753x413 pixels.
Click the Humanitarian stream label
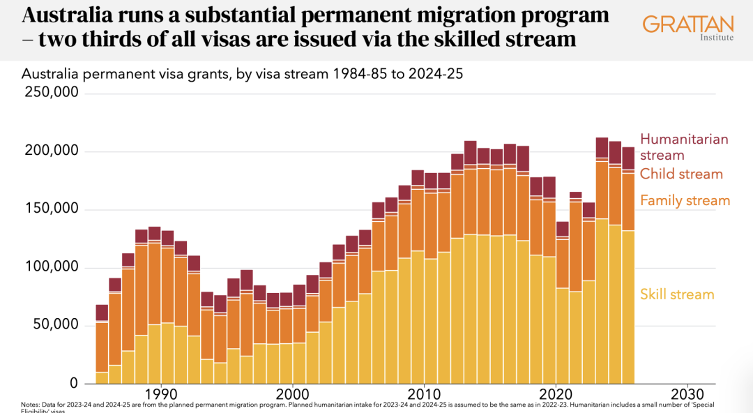pyautogui.click(x=684, y=147)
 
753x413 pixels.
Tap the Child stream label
pyautogui.click(x=681, y=174)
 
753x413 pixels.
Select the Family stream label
pyautogui.click(x=685, y=201)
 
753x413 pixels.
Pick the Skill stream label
pyautogui.click(x=677, y=294)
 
